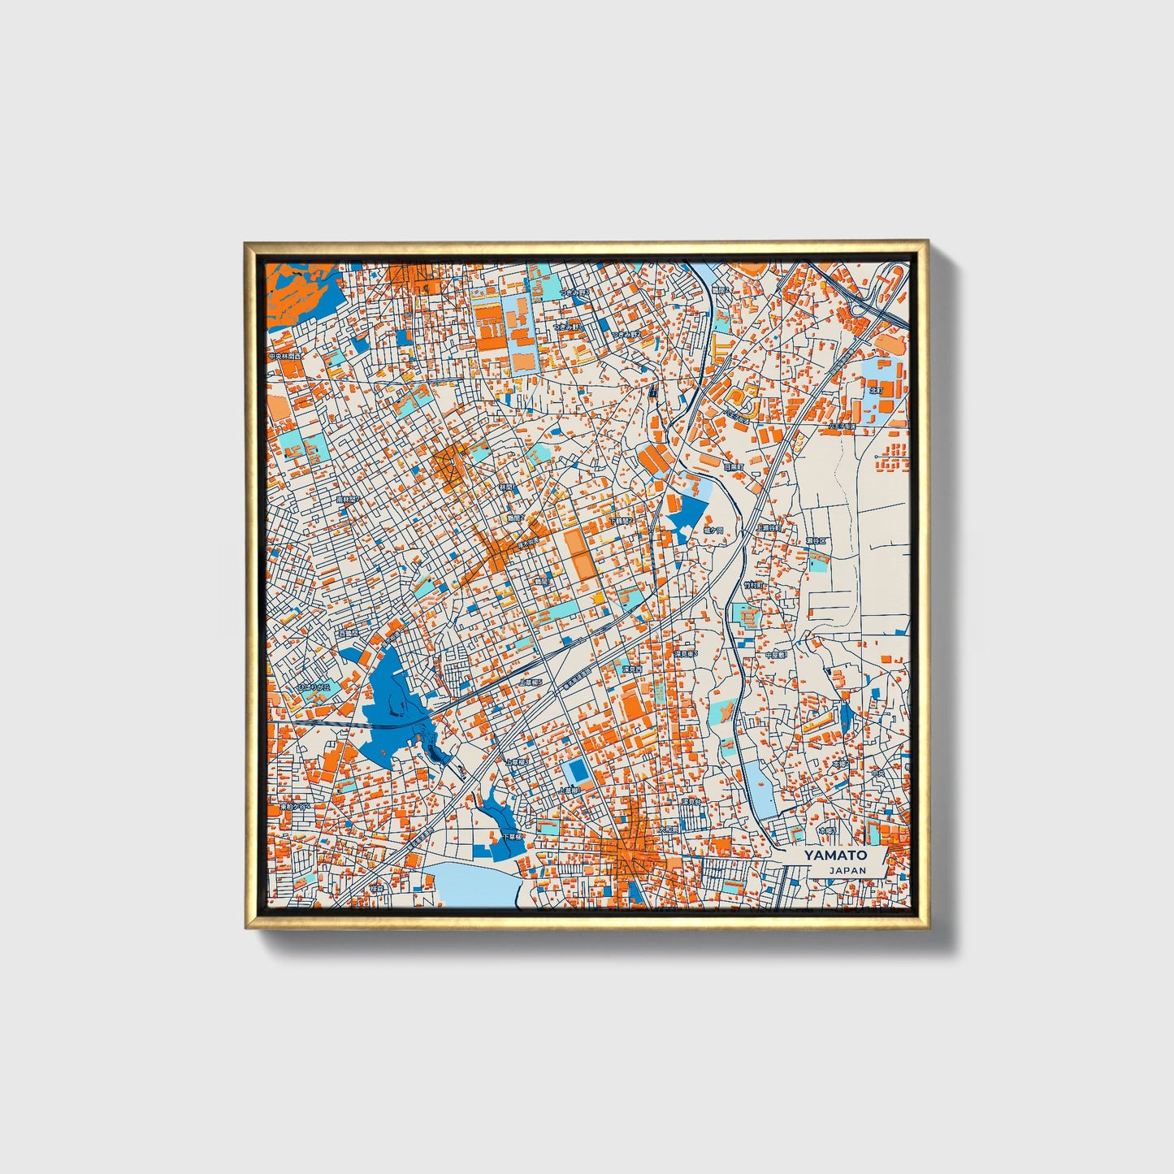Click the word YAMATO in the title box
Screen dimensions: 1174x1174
coord(835,855)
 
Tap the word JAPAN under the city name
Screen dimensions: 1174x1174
coord(848,870)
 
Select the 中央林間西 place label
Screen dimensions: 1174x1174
coord(285,357)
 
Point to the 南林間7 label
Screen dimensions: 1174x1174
coord(348,500)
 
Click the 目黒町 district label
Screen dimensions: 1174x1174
coord(734,467)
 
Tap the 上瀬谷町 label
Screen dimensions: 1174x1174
coord(769,527)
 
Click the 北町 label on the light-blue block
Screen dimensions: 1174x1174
coord(876,390)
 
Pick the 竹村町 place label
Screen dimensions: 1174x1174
coord(753,584)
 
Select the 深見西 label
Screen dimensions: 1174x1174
coord(632,669)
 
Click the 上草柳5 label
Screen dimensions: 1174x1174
coord(532,682)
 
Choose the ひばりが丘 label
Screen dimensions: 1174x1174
coord(313,687)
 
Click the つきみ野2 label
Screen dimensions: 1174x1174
coord(626,334)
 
